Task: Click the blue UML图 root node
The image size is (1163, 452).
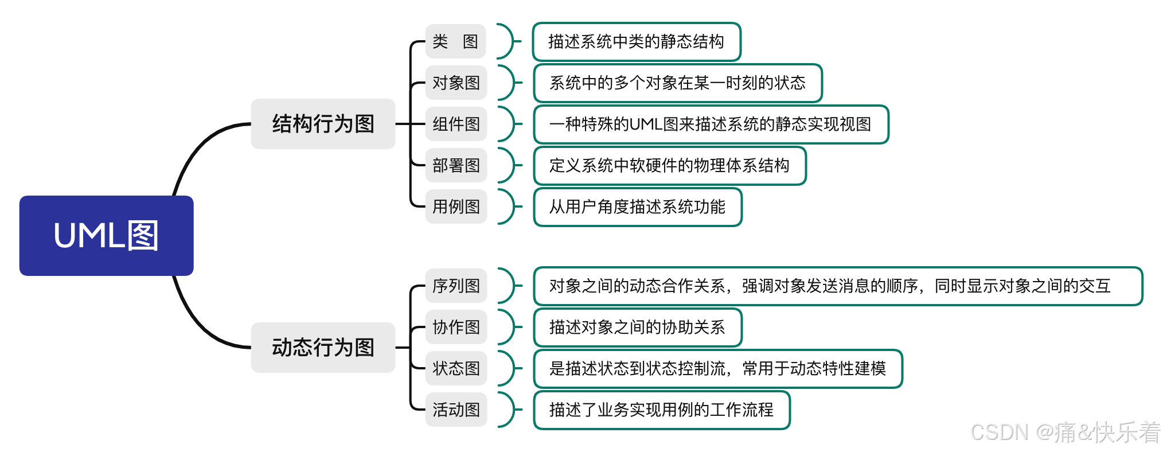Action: click(x=106, y=236)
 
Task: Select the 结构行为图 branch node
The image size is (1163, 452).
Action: click(x=323, y=124)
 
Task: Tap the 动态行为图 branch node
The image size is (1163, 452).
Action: click(x=323, y=348)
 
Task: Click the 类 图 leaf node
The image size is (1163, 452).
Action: click(x=455, y=41)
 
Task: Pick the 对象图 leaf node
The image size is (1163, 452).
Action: click(x=456, y=83)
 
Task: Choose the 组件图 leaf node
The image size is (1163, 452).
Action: click(x=456, y=124)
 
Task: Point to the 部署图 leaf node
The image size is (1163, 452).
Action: click(x=456, y=165)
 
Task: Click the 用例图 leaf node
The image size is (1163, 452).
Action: click(x=456, y=206)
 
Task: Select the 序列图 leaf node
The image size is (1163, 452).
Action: click(x=456, y=286)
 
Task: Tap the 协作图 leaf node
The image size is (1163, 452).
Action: click(x=456, y=327)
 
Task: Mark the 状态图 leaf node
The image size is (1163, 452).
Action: click(x=456, y=368)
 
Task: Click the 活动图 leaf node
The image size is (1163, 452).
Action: click(x=456, y=410)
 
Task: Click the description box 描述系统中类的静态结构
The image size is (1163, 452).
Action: click(x=637, y=42)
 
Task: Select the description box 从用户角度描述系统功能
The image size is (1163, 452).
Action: click(x=638, y=207)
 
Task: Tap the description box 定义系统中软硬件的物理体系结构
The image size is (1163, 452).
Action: click(x=670, y=166)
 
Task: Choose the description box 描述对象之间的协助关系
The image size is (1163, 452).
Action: click(x=638, y=328)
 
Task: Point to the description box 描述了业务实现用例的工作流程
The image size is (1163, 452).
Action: click(x=662, y=410)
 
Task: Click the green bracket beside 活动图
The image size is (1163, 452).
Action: click(x=508, y=410)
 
